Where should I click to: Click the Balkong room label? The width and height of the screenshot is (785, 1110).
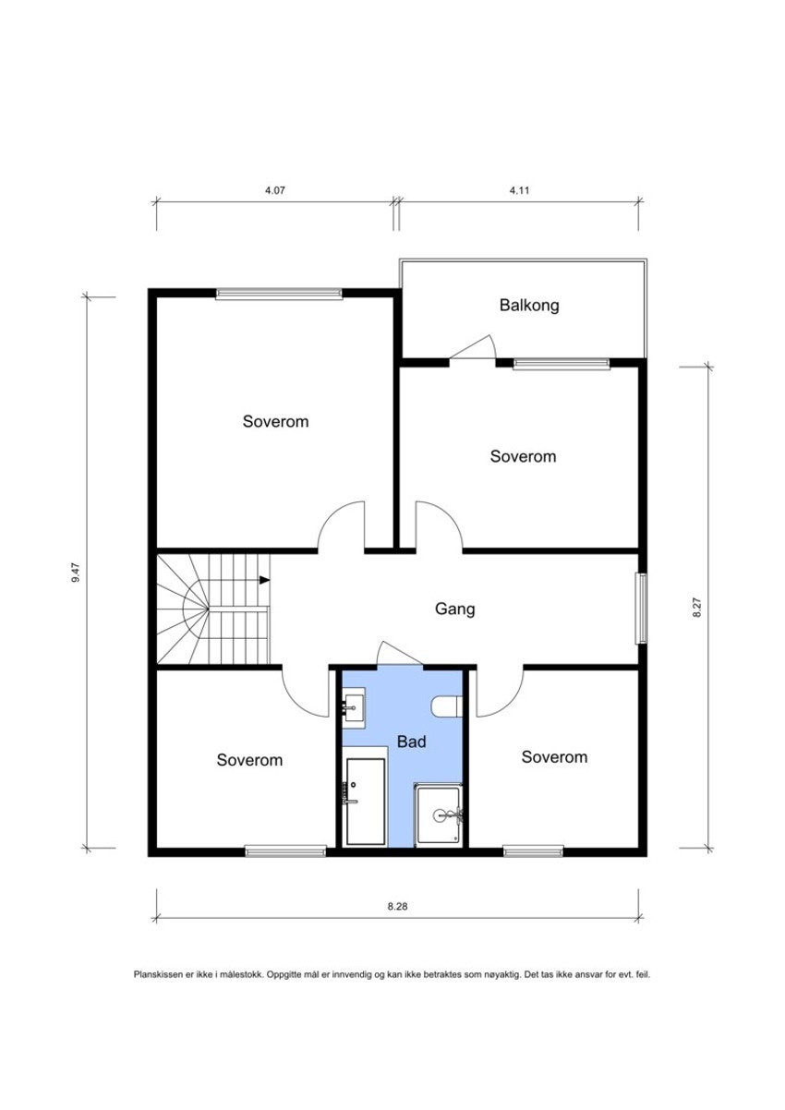[529, 306]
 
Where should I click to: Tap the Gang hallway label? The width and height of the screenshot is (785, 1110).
[455, 609]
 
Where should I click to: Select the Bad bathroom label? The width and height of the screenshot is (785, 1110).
[411, 742]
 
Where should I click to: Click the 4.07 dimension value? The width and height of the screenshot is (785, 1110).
[275, 190]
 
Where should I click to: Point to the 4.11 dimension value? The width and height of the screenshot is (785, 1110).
[519, 190]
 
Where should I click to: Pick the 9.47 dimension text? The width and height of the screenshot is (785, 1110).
[77, 573]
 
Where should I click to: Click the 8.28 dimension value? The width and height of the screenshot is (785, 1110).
[397, 906]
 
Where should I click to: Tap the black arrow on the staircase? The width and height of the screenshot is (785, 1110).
[265, 580]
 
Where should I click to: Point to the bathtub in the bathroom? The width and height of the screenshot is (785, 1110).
[365, 802]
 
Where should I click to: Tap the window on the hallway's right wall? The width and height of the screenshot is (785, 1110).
[641, 609]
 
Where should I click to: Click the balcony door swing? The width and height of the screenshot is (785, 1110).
[472, 346]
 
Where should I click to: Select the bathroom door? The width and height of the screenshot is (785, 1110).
[400, 653]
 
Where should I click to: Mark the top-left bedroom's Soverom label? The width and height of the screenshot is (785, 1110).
[275, 422]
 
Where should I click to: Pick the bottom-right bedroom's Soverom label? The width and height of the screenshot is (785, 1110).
[554, 756]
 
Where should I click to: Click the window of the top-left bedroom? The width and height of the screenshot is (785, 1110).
[279, 294]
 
